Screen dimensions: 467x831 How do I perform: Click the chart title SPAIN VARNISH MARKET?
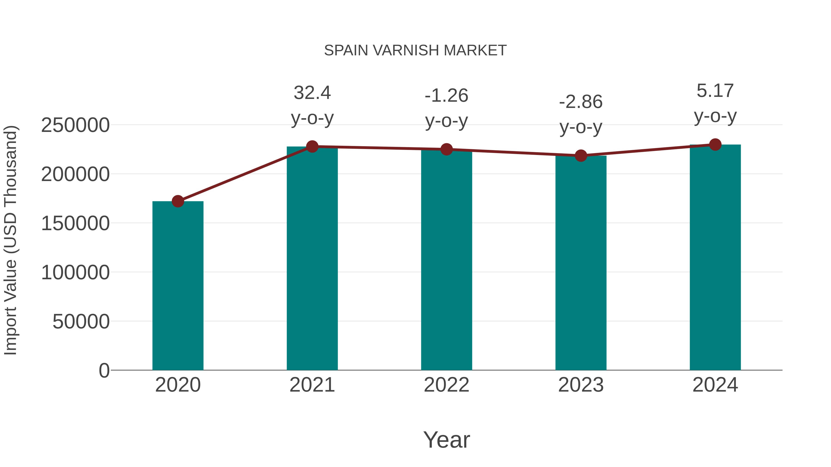pyautogui.click(x=415, y=51)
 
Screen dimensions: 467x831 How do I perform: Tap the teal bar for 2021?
pyautogui.click(x=312, y=258)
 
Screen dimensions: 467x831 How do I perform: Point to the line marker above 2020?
pyautogui.click(x=178, y=201)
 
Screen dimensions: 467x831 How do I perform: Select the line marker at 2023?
pyautogui.click(x=581, y=156)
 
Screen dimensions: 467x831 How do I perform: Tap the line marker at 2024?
pyautogui.click(x=715, y=145)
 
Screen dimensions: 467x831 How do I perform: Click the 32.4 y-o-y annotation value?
pyautogui.click(x=312, y=93)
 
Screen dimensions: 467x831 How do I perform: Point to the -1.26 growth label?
pyautogui.click(x=446, y=96)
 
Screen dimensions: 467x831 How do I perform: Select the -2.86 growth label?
pyautogui.click(x=581, y=102)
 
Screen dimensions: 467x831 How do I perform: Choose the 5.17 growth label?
pyautogui.click(x=715, y=91)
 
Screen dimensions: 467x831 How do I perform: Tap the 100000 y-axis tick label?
pyautogui.click(x=75, y=272)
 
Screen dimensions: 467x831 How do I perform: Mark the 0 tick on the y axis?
pyautogui.click(x=104, y=370)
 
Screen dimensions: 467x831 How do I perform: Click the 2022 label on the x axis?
pyautogui.click(x=446, y=385)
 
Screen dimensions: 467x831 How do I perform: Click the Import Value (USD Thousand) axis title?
pyautogui.click(x=10, y=240)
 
